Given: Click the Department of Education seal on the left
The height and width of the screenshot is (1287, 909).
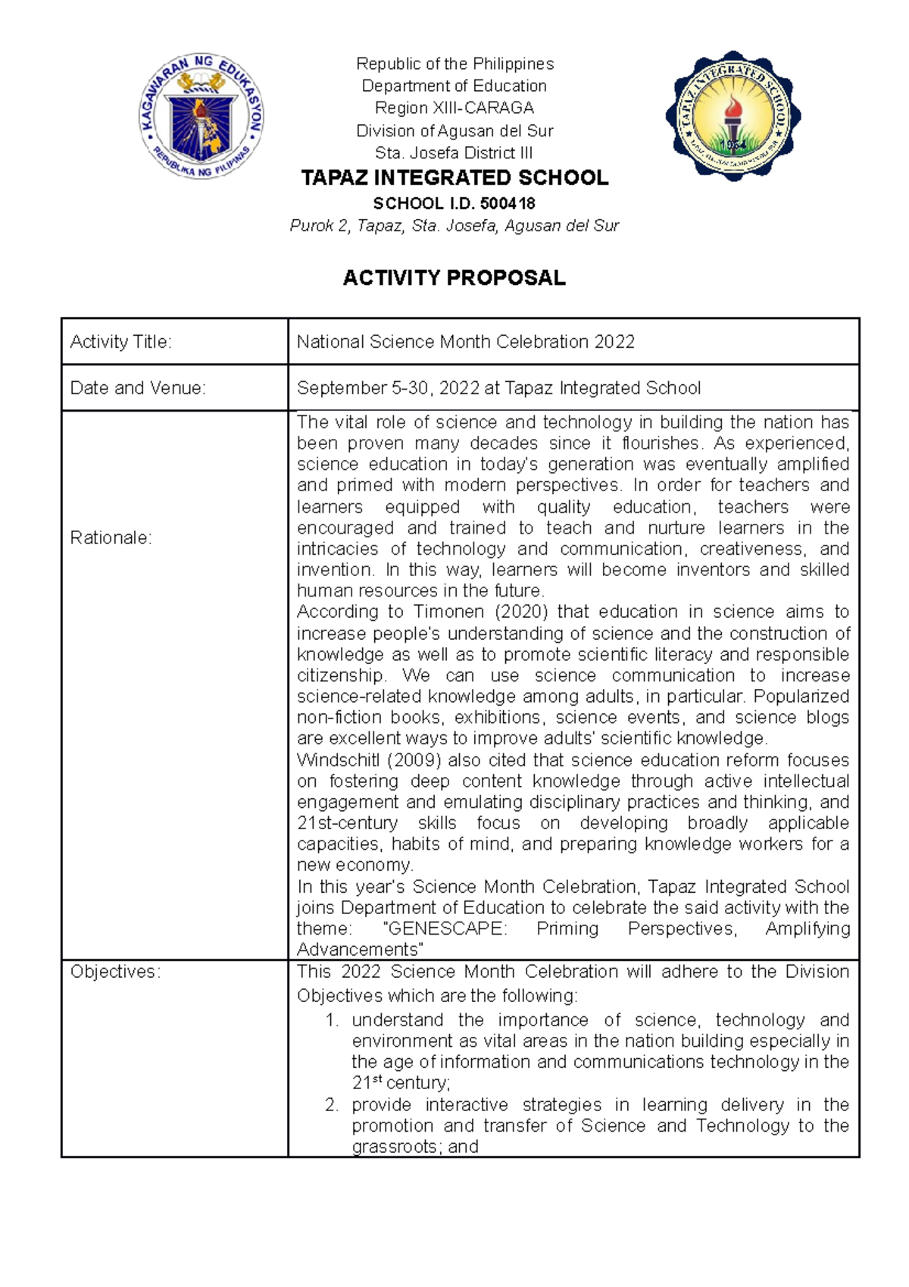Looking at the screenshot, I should point(201,117).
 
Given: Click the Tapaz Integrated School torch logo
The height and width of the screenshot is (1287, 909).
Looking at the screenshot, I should point(733,117).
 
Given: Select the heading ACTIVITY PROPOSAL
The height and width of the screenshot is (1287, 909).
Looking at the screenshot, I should point(454,278).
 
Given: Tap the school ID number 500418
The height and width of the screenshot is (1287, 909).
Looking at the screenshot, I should point(508,203).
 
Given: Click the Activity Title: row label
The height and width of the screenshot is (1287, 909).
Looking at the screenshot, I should point(121,342).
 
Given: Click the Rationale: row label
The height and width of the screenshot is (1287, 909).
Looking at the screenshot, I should point(111,538).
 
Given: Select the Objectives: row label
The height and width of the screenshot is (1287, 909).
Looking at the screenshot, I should point(115,972).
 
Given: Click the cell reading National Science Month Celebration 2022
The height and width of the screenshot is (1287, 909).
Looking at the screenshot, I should point(465,342).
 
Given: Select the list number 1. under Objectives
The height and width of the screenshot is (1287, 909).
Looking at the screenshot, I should point(332,1020).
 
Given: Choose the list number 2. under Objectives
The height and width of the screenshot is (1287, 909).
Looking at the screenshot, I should point(332,1105).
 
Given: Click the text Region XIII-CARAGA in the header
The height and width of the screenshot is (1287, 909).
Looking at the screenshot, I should point(454,108).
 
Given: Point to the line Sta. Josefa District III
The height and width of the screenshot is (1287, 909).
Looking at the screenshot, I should point(454,152).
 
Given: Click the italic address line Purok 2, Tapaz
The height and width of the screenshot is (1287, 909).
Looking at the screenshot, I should point(454,226).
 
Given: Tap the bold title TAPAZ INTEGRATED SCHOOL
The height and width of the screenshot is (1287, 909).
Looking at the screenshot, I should point(454,178).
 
